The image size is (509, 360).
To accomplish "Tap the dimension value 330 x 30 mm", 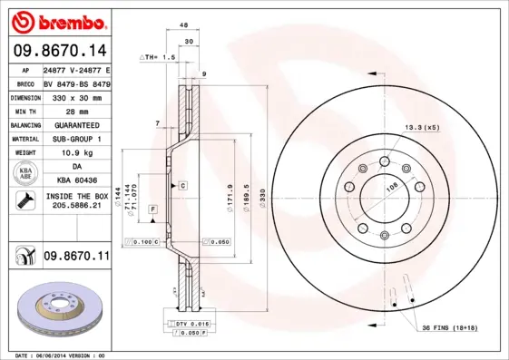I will click(x=76, y=96).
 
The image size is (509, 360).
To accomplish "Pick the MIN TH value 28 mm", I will click(x=76, y=110).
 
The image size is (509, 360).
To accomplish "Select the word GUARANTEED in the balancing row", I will click(x=76, y=124).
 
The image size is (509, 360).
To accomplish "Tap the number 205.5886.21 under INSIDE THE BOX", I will click(x=76, y=207).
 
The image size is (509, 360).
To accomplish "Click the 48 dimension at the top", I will click(x=184, y=26).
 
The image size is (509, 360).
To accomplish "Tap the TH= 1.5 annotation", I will click(x=160, y=57).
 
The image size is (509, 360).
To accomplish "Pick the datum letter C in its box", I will click(x=182, y=185).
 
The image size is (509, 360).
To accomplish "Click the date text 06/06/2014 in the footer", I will click(x=62, y=355).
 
